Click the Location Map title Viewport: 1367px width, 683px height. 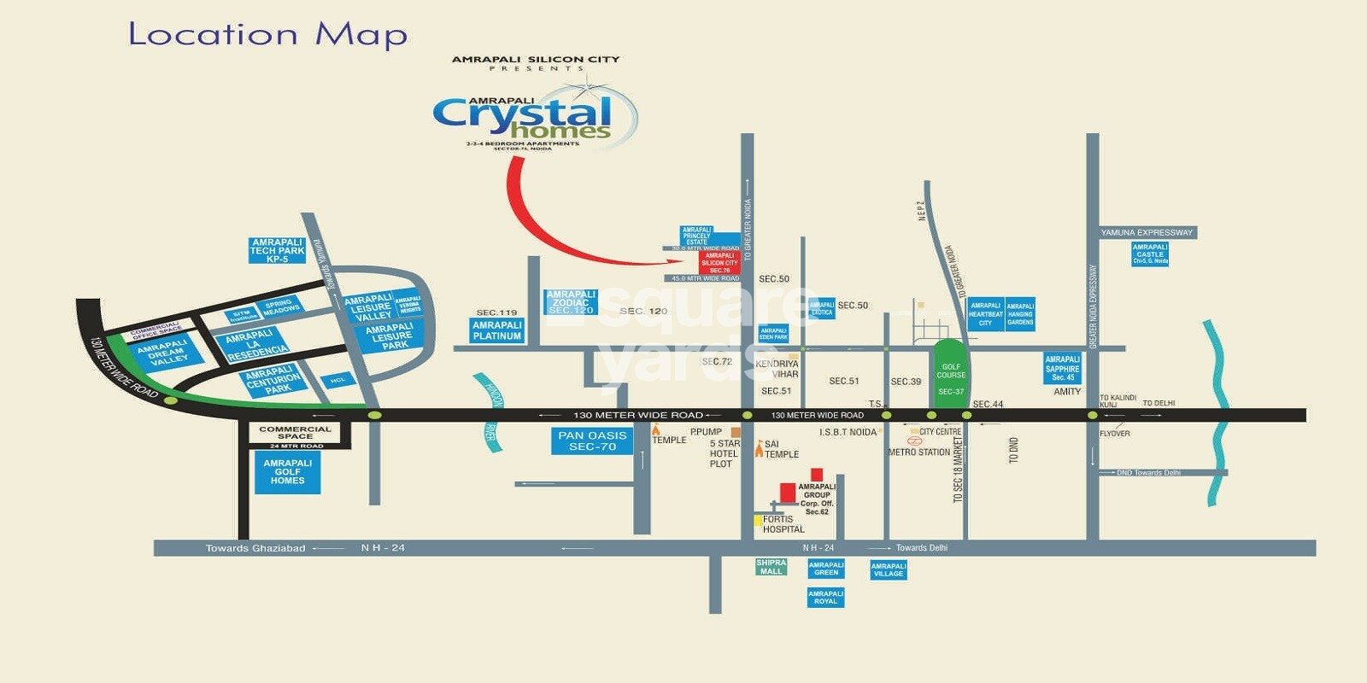point(267,35)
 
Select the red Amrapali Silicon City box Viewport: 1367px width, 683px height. point(719,262)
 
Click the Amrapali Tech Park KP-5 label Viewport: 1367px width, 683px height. point(277,250)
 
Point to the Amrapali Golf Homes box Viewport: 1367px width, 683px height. point(287,472)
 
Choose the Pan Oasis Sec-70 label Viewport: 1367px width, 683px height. point(592,441)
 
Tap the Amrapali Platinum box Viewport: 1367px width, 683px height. point(496,330)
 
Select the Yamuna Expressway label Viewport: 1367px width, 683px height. point(1147,232)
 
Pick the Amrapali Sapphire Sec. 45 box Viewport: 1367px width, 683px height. point(1062,368)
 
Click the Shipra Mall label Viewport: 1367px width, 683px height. point(771,567)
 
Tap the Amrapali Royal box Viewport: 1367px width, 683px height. point(825,597)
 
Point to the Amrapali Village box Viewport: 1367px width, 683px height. point(888,569)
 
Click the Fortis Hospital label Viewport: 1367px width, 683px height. point(783,524)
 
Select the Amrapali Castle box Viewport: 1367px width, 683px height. point(1150,254)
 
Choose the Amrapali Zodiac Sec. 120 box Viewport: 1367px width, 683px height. point(571,302)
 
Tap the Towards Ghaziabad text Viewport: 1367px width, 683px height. point(255,548)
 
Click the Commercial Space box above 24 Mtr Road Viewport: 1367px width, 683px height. point(295,432)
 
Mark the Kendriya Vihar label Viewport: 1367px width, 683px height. point(777,369)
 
